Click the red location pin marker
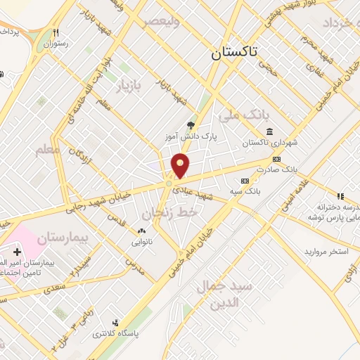point(181,166)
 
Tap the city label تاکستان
point(234,52)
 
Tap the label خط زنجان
point(172,212)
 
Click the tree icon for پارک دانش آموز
point(191,125)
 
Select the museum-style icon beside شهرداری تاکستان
point(270,131)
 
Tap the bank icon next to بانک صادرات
point(276,159)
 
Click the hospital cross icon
point(18,252)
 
